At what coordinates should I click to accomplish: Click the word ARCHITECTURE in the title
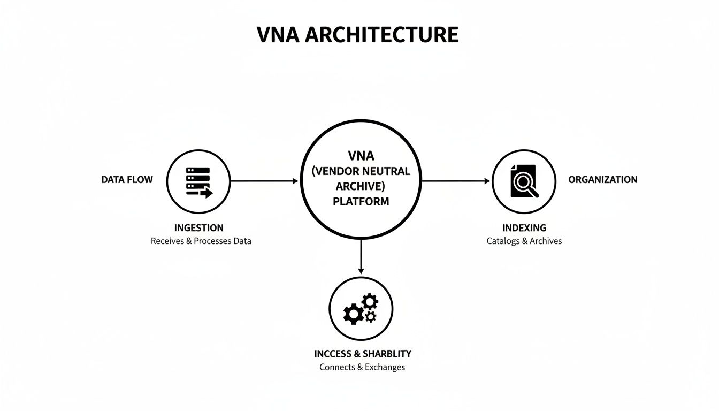(382, 35)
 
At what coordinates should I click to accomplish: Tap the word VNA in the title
(279, 35)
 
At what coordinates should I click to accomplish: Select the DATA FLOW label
(127, 180)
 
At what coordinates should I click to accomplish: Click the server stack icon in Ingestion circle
(198, 182)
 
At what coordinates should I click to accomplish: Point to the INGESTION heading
(198, 228)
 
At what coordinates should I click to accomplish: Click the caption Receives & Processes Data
(201, 241)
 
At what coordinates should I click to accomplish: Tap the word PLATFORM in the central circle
(361, 202)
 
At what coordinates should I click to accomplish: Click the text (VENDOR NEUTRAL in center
(361, 171)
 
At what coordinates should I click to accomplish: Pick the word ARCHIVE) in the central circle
(361, 186)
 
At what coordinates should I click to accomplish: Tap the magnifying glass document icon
(524, 181)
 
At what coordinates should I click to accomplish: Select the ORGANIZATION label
(602, 180)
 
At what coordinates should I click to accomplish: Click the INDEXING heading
(524, 228)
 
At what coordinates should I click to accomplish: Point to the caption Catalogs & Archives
(524, 241)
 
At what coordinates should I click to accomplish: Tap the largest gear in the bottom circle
(353, 314)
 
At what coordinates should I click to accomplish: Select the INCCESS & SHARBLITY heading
(362, 354)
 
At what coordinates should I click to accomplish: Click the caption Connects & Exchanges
(362, 367)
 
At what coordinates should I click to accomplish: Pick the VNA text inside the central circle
(361, 156)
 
